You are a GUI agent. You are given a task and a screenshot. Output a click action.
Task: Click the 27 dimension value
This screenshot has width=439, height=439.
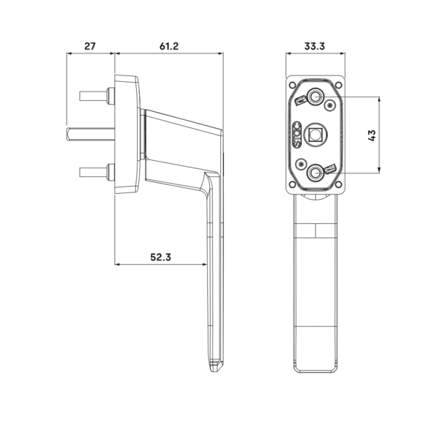[90, 46]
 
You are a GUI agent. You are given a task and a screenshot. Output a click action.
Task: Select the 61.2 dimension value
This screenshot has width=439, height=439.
[169, 46]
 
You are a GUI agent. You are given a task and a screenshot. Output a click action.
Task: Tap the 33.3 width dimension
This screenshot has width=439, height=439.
[315, 46]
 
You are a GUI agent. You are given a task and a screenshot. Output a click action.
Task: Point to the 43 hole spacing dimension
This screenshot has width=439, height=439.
[372, 135]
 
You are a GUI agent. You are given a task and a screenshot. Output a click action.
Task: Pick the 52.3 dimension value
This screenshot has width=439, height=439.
[160, 257]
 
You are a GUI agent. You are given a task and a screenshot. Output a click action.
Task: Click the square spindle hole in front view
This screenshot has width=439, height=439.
[315, 135]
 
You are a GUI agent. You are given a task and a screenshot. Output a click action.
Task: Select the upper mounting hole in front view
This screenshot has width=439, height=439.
[316, 97]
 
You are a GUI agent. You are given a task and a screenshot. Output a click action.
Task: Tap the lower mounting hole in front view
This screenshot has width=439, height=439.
[315, 173]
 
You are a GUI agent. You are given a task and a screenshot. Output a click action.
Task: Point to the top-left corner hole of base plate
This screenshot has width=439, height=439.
[292, 85]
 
